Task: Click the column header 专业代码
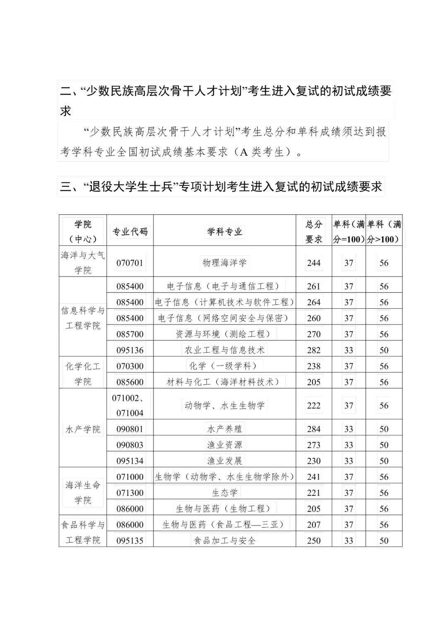(130, 231)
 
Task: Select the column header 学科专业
(225, 231)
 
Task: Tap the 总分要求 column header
(314, 231)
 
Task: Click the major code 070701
(130, 263)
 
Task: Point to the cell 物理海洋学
(225, 262)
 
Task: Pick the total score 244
(314, 263)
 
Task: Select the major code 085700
(130, 334)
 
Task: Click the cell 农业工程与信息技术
(225, 350)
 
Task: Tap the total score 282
(314, 350)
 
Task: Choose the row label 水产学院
(83, 429)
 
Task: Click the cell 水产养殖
(225, 429)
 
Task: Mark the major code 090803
(130, 445)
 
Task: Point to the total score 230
(314, 461)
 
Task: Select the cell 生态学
(225, 493)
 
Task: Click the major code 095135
(130, 541)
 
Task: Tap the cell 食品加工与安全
(225, 540)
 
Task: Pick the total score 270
(314, 334)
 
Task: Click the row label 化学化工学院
(83, 374)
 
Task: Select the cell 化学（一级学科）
(225, 365)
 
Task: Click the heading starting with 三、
(221, 187)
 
